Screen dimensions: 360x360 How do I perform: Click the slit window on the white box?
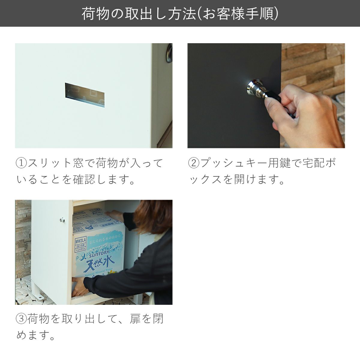[85, 95]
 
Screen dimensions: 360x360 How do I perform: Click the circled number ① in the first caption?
[22, 163]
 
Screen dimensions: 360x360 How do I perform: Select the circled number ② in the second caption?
[194, 163]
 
